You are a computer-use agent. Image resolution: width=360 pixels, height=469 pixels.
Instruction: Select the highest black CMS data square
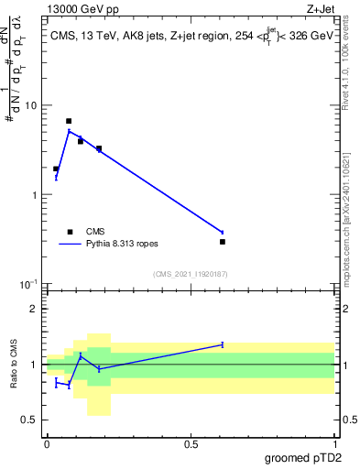69,121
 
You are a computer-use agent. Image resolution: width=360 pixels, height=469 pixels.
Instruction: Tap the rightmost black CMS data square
223,242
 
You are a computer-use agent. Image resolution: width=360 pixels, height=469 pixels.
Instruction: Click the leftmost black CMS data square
56,169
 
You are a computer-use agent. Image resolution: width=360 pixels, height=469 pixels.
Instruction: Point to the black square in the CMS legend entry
69,232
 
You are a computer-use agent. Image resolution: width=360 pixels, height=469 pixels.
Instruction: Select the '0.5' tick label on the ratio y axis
31,420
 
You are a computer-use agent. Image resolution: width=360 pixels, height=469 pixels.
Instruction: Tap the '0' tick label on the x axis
47,443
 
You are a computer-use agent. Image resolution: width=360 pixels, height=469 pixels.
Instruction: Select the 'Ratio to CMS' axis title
14,364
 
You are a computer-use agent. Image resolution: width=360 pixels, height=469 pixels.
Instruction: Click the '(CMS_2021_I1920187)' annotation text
190,274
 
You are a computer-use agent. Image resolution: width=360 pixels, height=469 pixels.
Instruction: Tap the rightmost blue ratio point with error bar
223,344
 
